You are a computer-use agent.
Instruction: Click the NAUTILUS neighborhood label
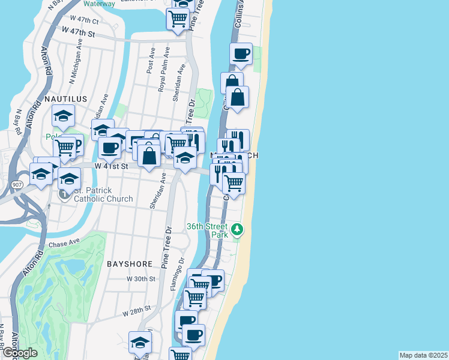coord(65,98)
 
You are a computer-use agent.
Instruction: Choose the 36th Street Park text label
coord(208,230)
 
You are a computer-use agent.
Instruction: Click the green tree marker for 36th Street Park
coord(238,229)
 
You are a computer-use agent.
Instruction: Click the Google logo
coord(20,353)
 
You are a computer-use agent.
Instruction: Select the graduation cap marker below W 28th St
coord(140,343)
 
